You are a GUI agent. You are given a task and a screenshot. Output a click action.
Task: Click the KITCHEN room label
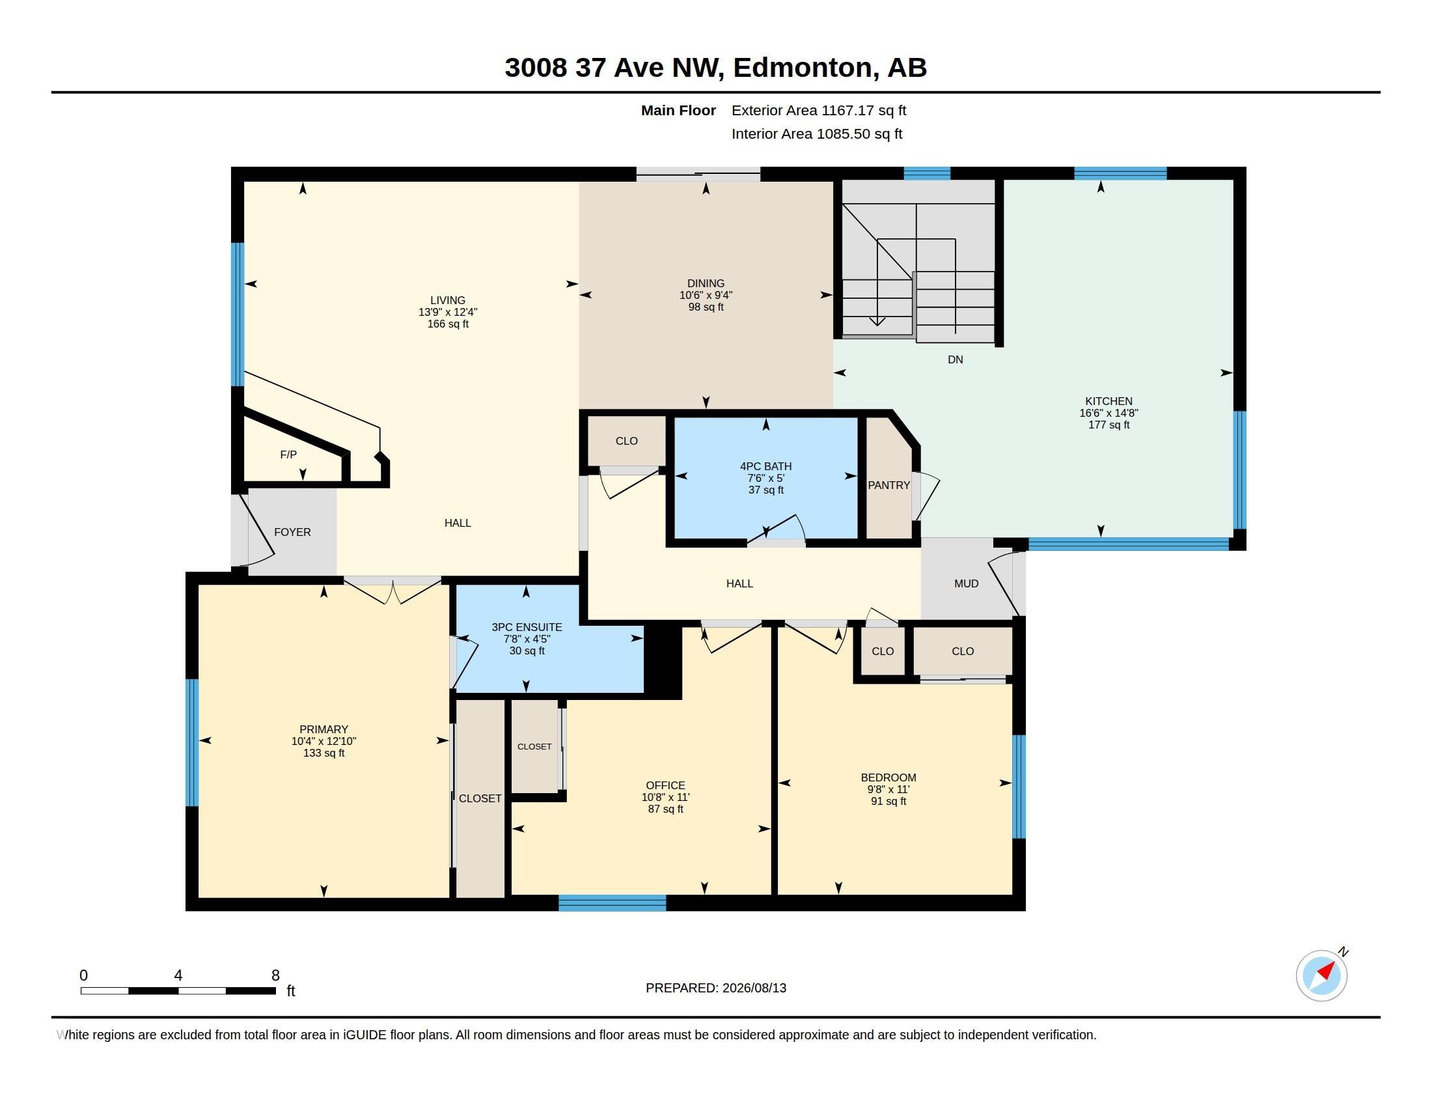tap(1108, 401)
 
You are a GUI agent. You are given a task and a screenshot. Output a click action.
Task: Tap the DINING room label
tap(706, 284)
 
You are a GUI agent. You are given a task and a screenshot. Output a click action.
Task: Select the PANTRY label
tap(888, 485)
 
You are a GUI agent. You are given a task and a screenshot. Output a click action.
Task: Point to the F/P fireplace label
tap(288, 455)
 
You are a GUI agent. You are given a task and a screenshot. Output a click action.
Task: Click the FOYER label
tap(292, 532)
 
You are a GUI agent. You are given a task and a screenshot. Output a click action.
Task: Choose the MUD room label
tap(967, 583)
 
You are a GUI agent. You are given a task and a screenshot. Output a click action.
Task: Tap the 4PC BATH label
tap(766, 466)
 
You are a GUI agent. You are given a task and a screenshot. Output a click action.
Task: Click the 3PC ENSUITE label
tap(527, 627)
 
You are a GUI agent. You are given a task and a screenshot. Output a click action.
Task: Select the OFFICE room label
tap(665, 785)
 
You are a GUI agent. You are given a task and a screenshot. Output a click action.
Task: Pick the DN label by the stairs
tap(956, 359)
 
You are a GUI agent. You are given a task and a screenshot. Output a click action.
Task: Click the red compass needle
tap(1326, 971)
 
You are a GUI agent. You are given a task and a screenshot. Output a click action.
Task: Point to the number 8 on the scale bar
tap(275, 975)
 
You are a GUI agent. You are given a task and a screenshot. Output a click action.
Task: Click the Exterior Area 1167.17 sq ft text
tap(819, 110)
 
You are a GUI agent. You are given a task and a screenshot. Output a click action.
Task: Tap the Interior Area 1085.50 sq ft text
tap(817, 133)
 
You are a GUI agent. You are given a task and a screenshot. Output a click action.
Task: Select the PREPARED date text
tap(716, 988)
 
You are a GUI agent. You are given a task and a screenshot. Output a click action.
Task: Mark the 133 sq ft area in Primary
tap(324, 753)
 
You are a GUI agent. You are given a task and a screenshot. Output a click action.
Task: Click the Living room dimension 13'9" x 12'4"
tap(448, 312)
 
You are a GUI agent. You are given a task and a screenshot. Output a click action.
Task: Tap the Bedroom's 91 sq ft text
tap(888, 801)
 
